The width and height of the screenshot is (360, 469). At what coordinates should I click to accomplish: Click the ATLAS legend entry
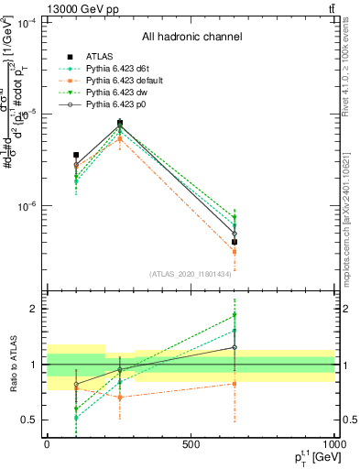(x=99, y=56)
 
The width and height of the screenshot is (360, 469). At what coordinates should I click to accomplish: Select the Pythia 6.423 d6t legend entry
(x=117, y=69)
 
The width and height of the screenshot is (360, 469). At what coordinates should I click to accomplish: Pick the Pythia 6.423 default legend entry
(x=122, y=82)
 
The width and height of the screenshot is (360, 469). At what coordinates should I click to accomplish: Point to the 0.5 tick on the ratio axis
(x=29, y=420)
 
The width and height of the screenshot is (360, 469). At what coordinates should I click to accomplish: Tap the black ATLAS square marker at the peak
(x=120, y=122)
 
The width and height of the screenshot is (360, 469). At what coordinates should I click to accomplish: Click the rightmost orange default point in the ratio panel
(x=235, y=384)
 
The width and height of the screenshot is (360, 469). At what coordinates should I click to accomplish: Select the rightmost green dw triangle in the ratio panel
(x=235, y=315)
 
